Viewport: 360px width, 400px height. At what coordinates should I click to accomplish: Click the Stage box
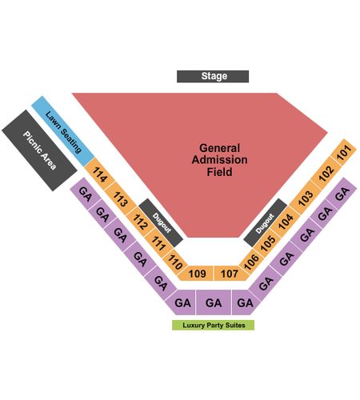(213, 76)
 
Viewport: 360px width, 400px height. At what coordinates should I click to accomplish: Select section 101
(343, 152)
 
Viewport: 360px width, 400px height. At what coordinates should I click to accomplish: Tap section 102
(326, 174)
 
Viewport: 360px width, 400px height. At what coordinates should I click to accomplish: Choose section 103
(306, 198)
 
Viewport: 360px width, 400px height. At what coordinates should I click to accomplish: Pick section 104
(286, 222)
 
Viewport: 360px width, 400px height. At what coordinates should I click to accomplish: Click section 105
(267, 243)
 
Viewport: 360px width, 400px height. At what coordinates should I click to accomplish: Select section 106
(251, 262)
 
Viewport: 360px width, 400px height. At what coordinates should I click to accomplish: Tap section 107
(230, 274)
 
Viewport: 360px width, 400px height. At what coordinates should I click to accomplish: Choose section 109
(197, 274)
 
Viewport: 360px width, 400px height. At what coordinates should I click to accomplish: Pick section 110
(175, 262)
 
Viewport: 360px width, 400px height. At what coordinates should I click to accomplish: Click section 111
(158, 243)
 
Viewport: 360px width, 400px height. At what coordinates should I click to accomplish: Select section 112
(140, 222)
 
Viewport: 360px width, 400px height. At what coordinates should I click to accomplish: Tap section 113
(120, 199)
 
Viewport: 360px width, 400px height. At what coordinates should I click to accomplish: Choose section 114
(99, 174)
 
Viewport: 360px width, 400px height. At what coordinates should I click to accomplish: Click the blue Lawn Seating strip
(63, 131)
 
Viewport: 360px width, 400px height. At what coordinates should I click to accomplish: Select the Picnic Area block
(39, 150)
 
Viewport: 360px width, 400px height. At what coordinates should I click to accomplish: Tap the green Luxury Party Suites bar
(213, 325)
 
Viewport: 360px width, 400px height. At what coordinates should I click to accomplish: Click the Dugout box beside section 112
(161, 222)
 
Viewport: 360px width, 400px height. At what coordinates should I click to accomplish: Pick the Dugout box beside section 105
(266, 222)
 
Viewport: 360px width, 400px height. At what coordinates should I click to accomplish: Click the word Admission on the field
(219, 160)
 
